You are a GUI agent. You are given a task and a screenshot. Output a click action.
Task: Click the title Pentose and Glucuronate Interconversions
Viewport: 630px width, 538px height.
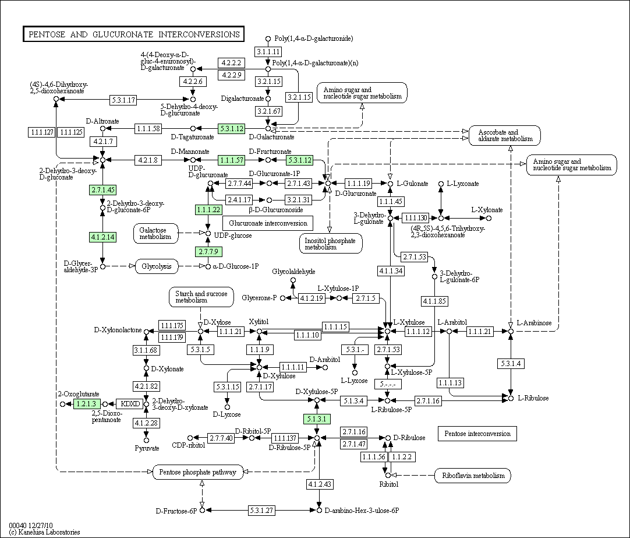tap(133, 34)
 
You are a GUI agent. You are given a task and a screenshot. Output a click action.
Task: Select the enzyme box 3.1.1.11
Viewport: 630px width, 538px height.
tap(268, 51)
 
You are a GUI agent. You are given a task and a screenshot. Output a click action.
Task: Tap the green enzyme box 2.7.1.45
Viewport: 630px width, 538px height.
tap(102, 189)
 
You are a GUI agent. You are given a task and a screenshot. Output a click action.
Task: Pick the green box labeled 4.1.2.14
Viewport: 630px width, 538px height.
tap(102, 237)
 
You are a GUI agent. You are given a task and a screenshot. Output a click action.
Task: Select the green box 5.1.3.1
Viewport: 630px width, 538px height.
tap(317, 419)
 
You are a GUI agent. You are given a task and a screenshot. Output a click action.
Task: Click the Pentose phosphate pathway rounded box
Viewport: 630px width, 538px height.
tap(198, 472)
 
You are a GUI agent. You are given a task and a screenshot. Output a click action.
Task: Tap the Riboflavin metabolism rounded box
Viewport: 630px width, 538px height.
tap(472, 476)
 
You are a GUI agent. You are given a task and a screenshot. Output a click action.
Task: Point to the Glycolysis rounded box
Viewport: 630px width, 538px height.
tap(156, 266)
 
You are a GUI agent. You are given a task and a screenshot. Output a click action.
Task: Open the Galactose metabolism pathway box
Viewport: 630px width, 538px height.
tap(154, 233)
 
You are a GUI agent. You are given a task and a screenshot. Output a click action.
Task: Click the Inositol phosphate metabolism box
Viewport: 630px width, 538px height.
tap(331, 243)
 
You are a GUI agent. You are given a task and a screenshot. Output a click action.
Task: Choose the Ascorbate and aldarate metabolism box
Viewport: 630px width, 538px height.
tap(505, 136)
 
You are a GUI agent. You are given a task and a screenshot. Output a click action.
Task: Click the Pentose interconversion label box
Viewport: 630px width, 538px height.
tap(477, 434)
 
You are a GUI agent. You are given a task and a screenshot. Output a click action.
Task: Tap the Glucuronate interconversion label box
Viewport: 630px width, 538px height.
tap(267, 223)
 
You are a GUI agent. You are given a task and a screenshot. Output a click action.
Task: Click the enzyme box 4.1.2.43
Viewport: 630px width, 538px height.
tap(319, 484)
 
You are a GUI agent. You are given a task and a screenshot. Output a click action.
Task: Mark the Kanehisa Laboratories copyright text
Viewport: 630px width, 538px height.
tap(44, 532)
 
